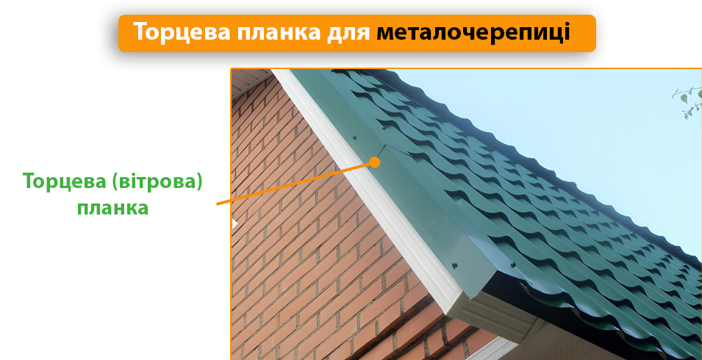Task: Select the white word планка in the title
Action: click(x=279, y=33)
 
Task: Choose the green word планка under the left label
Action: click(x=112, y=207)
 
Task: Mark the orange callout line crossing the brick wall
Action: click(x=294, y=183)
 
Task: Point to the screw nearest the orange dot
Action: click(x=354, y=137)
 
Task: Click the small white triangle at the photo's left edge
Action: click(x=234, y=223)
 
